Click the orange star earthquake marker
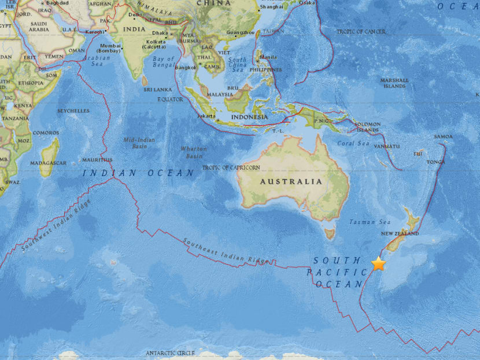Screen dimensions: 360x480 (x=378, y=263)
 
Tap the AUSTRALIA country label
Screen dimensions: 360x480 (x=298, y=181)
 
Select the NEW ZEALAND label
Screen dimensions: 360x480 (x=399, y=234)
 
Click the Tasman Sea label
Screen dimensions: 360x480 (x=370, y=222)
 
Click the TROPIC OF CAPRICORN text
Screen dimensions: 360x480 (x=231, y=168)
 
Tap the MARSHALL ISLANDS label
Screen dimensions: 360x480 (x=394, y=83)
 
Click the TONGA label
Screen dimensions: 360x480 (x=436, y=162)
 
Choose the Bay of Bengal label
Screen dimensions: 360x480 (x=163, y=62)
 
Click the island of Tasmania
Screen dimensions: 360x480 (x=330, y=234)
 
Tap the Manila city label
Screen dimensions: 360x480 (x=267, y=57)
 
